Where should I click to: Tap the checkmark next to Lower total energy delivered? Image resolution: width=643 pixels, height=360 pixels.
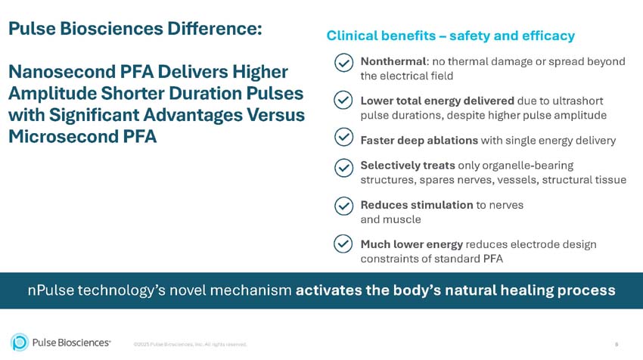pyautogui.click(x=343, y=101)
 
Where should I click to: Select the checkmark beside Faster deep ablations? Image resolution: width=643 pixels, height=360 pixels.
pyautogui.click(x=343, y=137)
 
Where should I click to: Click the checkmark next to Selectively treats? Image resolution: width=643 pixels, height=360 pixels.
pyautogui.click(x=343, y=168)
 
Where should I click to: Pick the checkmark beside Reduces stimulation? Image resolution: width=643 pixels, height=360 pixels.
pyautogui.click(x=343, y=206)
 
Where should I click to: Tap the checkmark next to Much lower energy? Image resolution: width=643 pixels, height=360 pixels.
pyautogui.click(x=343, y=244)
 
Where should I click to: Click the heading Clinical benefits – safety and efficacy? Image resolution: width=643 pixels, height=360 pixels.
pyautogui.click(x=450, y=36)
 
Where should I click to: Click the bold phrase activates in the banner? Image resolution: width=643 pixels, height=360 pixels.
pyautogui.click(x=328, y=290)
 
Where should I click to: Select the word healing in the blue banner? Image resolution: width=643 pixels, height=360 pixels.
pyautogui.click(x=527, y=290)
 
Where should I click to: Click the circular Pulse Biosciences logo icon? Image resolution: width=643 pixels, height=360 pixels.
pyautogui.click(x=20, y=343)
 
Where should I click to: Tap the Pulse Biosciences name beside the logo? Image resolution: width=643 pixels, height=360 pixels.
pyautogui.click(x=72, y=343)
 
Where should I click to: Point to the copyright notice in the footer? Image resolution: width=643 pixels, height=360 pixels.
pyautogui.click(x=190, y=344)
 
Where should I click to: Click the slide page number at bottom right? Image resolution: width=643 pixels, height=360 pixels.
pyautogui.click(x=616, y=344)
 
